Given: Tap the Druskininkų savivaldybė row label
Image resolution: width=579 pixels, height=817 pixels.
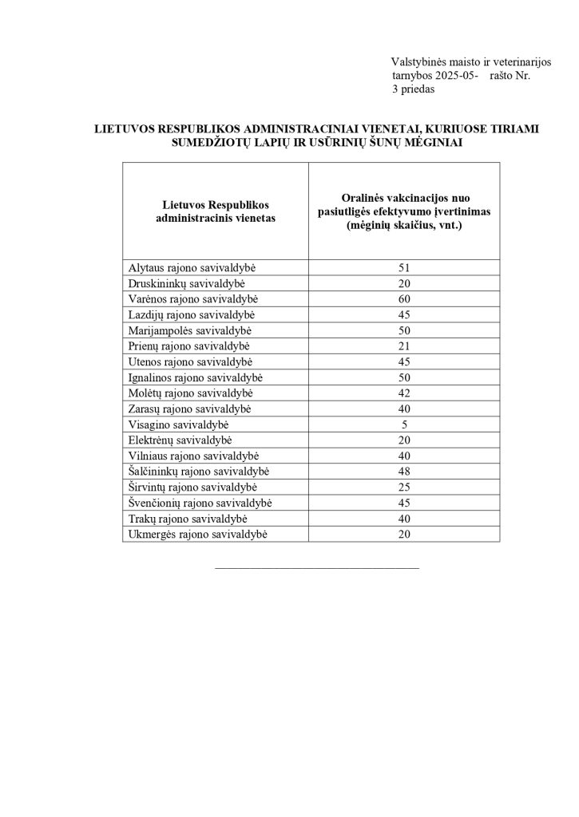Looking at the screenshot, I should pos(184,284).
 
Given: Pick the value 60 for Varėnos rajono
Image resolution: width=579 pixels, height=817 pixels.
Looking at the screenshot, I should pos(403,299).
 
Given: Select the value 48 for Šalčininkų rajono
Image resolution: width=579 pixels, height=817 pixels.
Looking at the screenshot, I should pos(403,471).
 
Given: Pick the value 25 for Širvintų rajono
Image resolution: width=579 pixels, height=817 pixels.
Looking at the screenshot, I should pos(403,487).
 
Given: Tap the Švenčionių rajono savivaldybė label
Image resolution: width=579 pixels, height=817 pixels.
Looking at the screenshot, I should pos(200,503).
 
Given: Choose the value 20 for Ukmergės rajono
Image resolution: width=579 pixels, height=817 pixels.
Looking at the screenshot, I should pos(403,534).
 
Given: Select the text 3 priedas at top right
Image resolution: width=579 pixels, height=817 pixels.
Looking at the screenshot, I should pos(413,90).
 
